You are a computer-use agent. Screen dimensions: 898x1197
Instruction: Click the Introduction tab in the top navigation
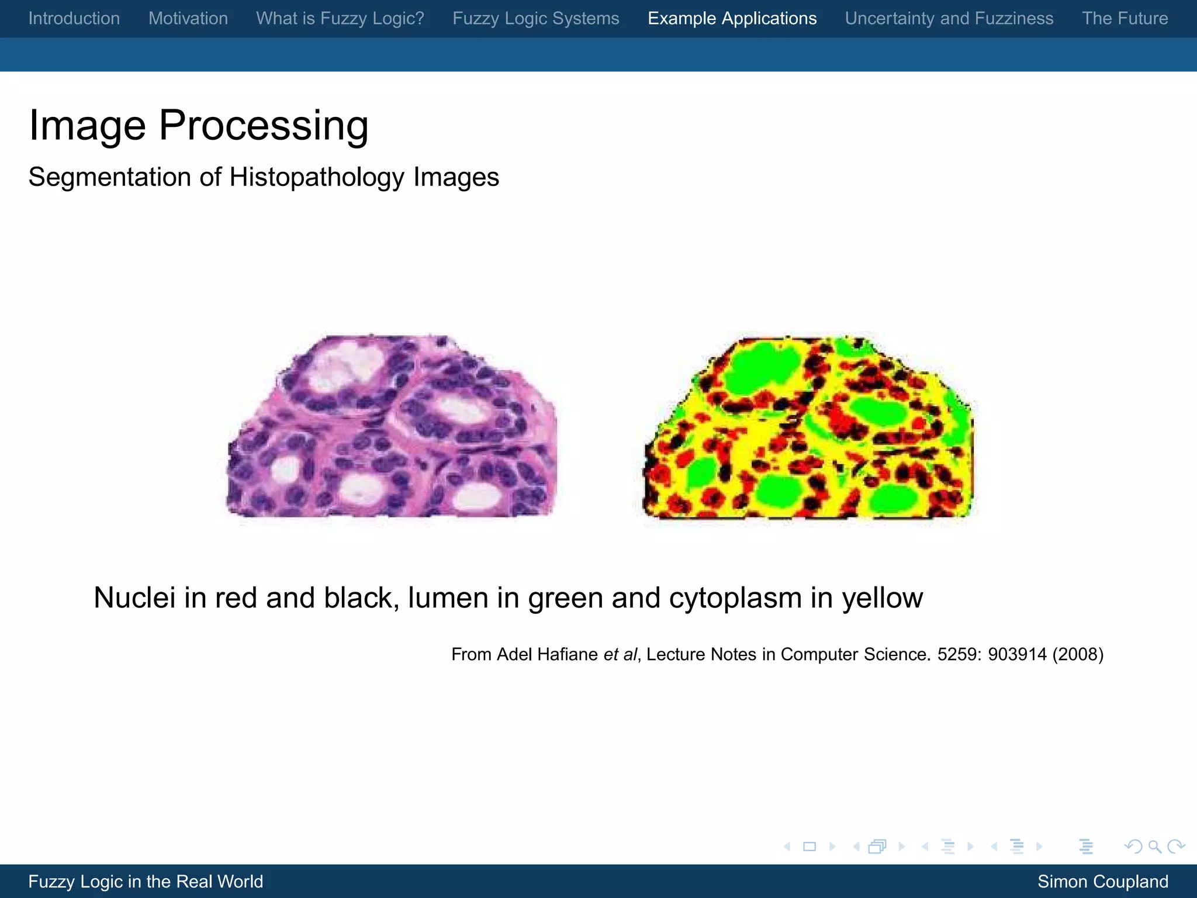[x=74, y=19]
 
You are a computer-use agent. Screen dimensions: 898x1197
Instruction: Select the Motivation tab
[x=188, y=19]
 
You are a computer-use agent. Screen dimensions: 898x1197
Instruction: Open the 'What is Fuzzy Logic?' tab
[x=340, y=19]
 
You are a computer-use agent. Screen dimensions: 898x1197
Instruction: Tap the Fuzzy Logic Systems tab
[x=536, y=19]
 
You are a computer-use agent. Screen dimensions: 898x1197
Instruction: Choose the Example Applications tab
[x=732, y=19]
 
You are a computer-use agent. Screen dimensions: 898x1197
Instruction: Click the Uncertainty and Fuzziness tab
[x=949, y=19]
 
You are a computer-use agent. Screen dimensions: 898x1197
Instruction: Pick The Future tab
[x=1125, y=19]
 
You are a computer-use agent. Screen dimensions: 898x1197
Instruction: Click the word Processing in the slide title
[x=264, y=125]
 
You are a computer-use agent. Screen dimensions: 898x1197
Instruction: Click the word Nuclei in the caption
[x=134, y=598]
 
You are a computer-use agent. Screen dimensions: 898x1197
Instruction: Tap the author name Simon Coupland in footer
[x=1103, y=882]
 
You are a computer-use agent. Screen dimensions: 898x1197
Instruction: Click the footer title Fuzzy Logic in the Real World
[x=146, y=882]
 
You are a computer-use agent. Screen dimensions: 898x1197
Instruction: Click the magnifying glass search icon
[x=1154, y=847]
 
